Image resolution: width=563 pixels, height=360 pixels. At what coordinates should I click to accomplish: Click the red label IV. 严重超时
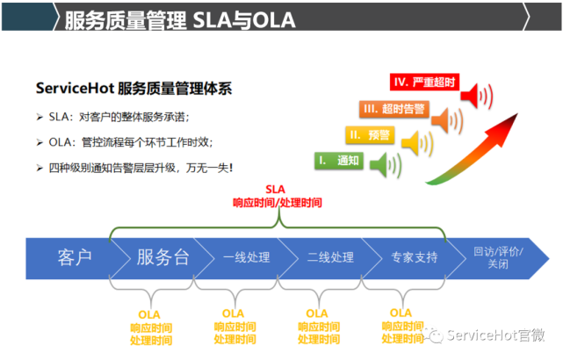(424, 83)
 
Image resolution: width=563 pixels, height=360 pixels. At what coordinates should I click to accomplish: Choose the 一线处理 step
(246, 257)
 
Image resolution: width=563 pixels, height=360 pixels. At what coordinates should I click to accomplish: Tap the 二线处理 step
(330, 257)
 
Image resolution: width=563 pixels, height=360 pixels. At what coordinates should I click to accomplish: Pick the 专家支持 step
(414, 257)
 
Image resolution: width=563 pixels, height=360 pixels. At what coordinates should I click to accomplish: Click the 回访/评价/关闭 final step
(496, 256)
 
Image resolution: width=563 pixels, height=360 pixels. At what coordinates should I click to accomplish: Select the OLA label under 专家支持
(401, 313)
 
